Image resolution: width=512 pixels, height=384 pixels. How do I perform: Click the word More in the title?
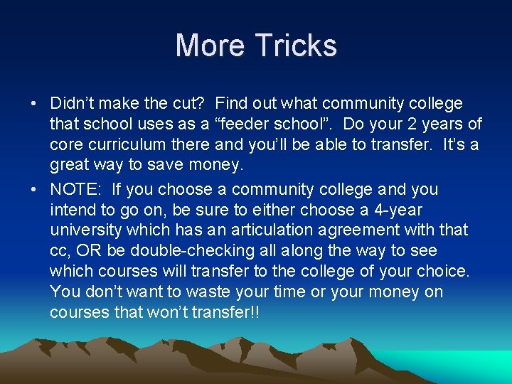[210, 46]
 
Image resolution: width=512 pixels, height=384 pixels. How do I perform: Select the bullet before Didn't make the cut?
[35, 104]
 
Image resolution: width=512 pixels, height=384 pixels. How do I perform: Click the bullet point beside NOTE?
[35, 190]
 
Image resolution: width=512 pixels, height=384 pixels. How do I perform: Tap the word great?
[71, 166]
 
